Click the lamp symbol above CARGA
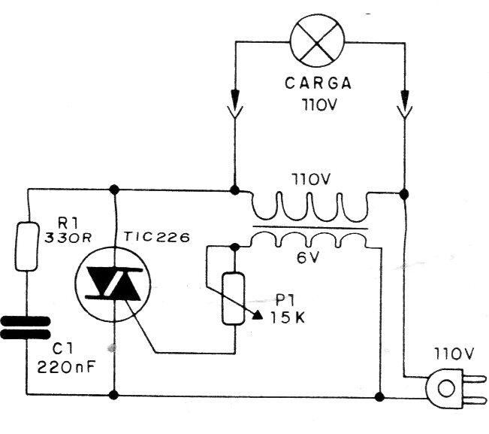318,40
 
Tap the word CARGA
318,83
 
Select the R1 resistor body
28,246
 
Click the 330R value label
68,238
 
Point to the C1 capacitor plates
26,327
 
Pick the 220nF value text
66,367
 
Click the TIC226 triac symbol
113,284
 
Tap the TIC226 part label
156,237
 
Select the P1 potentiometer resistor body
234,298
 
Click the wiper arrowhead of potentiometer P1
256,315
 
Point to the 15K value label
288,318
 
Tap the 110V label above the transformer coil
311,180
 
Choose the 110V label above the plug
454,354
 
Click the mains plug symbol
455,388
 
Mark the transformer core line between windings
310,227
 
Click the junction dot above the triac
114,190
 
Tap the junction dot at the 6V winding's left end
235,247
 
